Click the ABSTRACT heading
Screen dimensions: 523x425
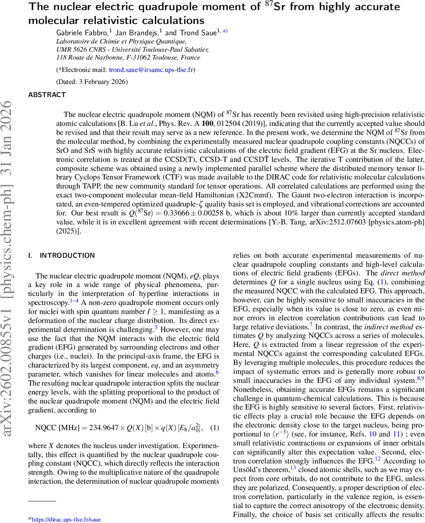pos(47,95)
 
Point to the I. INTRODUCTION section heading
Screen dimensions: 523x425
pos(61,255)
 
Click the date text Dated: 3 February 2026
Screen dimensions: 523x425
pos(92,82)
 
